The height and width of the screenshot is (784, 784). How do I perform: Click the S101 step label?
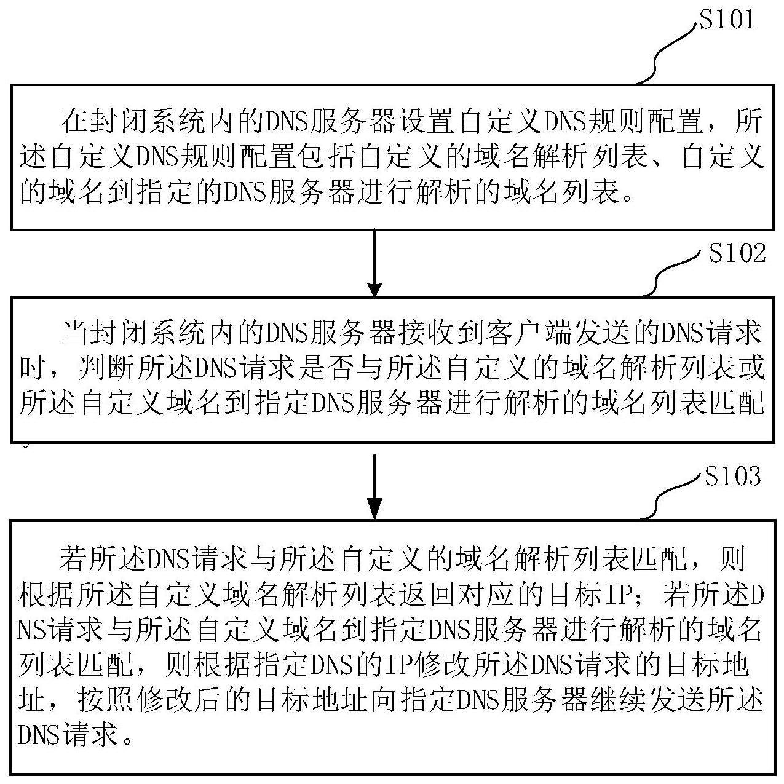click(x=726, y=20)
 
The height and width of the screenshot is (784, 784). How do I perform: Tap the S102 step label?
click(x=737, y=253)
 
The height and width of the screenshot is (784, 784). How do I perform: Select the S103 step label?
click(x=732, y=477)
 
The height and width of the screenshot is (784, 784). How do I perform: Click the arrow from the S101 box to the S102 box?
click(x=374, y=264)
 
